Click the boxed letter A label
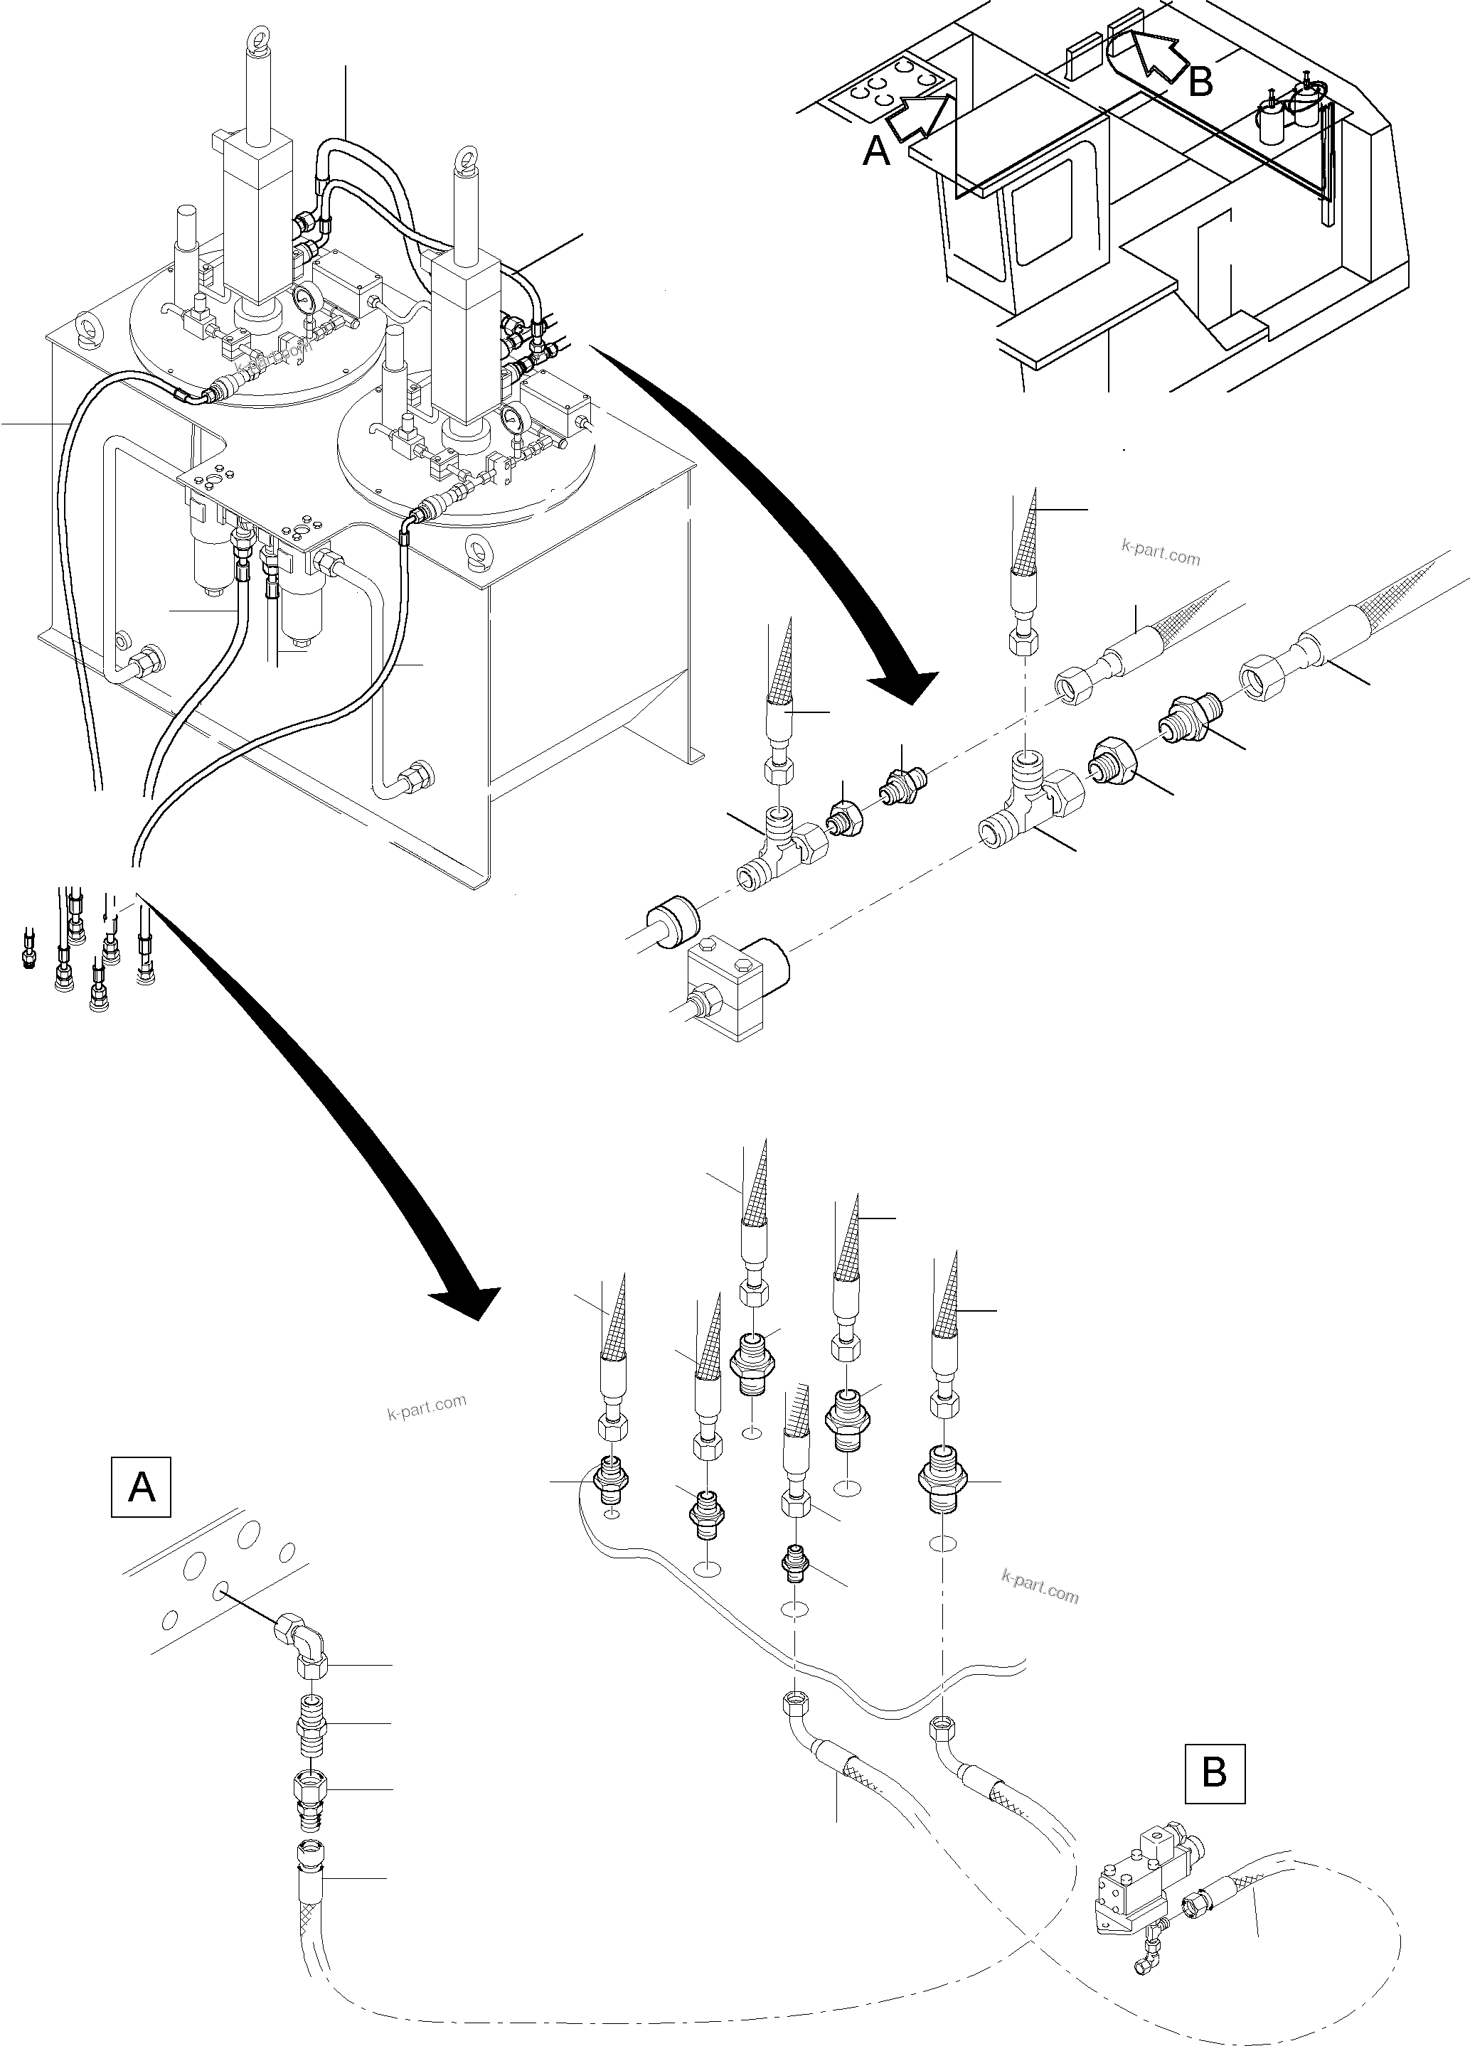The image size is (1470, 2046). coord(142,1486)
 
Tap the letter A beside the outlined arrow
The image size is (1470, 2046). coord(877,151)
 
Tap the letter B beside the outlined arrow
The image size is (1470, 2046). coord(1200,83)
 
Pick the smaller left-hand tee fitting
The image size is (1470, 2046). coord(776,850)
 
